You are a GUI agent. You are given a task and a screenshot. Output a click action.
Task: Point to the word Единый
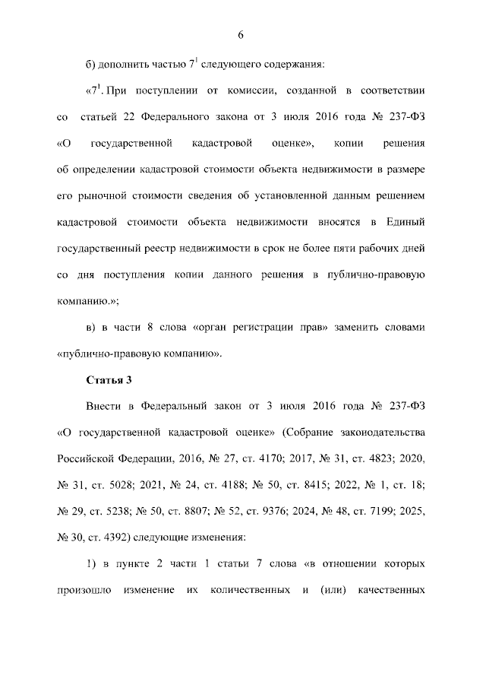pos(406,221)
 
